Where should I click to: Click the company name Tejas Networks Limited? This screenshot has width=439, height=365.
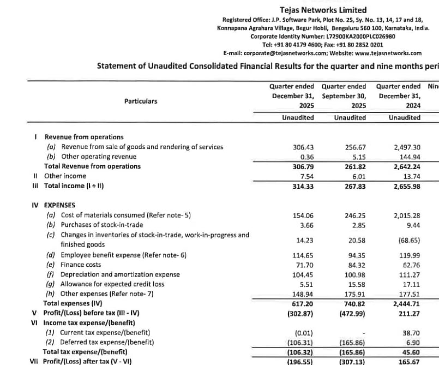323,10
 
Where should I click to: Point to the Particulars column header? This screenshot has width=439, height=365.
141,101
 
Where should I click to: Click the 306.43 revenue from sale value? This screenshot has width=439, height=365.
304,147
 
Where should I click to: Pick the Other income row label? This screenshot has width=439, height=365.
65,176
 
